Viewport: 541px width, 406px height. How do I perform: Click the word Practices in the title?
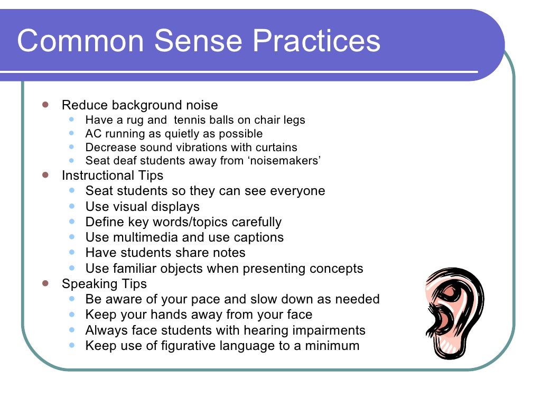(x=318, y=41)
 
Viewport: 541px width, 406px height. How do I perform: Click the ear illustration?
(x=454, y=312)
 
